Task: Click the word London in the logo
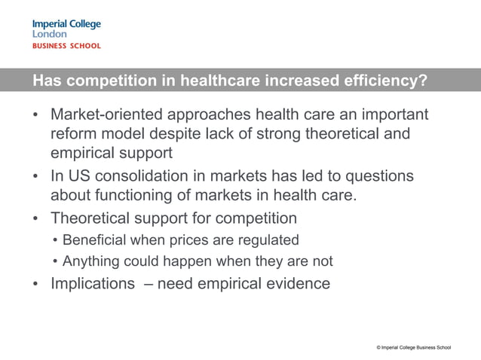coord(50,34)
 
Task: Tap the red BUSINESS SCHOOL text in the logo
coord(66,46)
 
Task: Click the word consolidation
coord(144,175)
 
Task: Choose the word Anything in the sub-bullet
coord(91,262)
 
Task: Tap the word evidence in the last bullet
coord(295,284)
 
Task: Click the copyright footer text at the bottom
coord(414,346)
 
